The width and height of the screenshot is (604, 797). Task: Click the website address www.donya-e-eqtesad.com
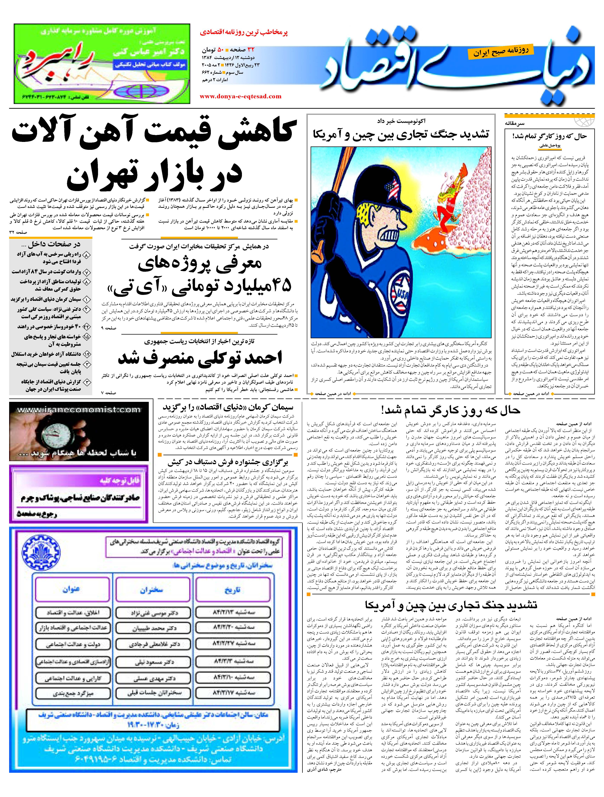click(240, 96)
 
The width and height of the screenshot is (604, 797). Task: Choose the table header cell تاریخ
click(232, 589)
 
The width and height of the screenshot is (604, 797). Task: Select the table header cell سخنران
click(152, 589)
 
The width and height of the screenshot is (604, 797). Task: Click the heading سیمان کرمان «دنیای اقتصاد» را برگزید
click(228, 407)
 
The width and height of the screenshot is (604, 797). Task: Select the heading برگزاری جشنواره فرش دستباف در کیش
click(228, 462)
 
